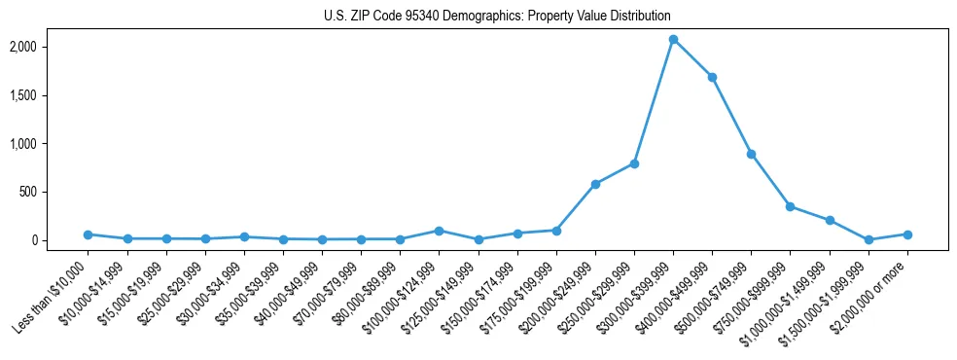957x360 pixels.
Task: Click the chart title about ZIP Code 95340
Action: point(497,16)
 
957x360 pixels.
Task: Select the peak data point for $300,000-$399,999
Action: point(673,39)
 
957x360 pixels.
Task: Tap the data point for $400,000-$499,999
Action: point(712,77)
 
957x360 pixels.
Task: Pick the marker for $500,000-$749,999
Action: point(751,154)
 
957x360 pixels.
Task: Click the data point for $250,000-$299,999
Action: point(634,163)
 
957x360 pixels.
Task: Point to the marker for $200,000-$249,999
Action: point(595,184)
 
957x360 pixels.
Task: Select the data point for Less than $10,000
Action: point(88,234)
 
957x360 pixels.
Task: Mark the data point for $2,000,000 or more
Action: point(907,234)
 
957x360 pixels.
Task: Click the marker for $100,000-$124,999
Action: point(439,231)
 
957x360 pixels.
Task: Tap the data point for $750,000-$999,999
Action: point(790,206)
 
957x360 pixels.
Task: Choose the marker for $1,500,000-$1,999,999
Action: point(868,239)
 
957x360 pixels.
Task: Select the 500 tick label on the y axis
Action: point(45,192)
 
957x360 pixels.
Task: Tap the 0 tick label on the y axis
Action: point(51,240)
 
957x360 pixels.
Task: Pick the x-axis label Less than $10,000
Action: point(51,293)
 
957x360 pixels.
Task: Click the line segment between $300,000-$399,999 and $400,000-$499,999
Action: point(692,58)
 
